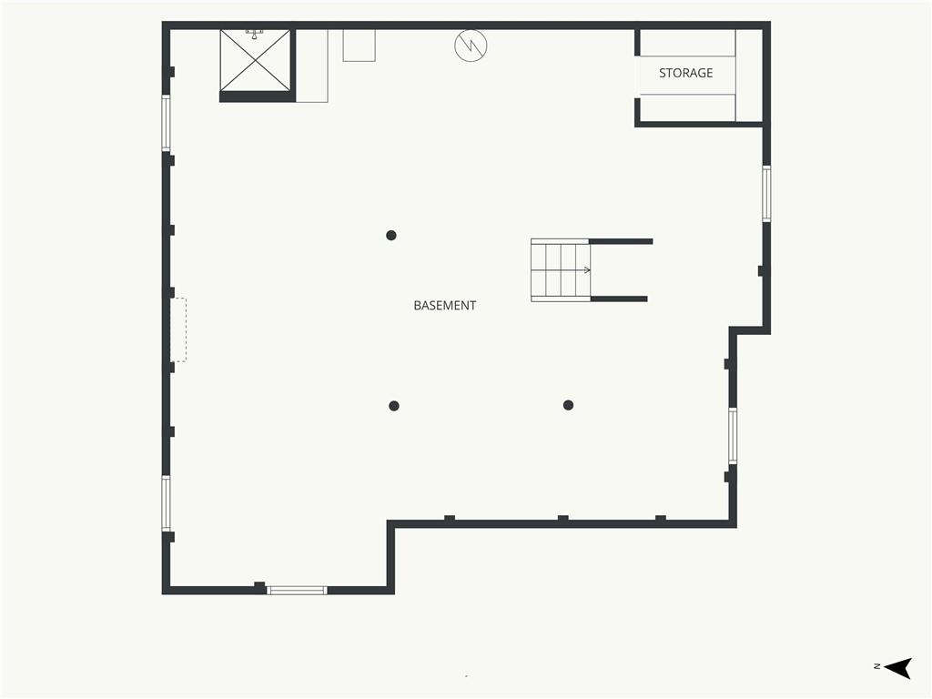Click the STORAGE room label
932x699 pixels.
coord(685,73)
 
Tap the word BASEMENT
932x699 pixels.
coord(444,306)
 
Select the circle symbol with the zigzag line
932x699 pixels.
coord(471,46)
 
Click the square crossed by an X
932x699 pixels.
coord(256,61)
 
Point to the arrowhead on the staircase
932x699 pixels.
coord(587,270)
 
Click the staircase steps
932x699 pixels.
coord(561,269)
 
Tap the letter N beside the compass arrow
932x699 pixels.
coord(876,666)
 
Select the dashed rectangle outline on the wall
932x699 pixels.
coord(178,329)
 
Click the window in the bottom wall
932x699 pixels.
coord(297,590)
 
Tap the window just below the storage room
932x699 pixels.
coord(766,194)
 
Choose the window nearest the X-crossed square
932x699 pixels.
coord(167,123)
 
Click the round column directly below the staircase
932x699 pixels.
coord(568,405)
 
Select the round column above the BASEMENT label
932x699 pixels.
coord(391,236)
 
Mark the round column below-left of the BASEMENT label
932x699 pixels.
coord(393,406)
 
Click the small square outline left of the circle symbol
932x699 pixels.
coord(359,46)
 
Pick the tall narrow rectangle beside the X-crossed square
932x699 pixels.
coord(312,66)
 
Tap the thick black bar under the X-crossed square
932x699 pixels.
coord(258,96)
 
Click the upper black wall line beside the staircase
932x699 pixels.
coord(621,241)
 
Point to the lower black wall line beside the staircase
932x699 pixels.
coord(619,299)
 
